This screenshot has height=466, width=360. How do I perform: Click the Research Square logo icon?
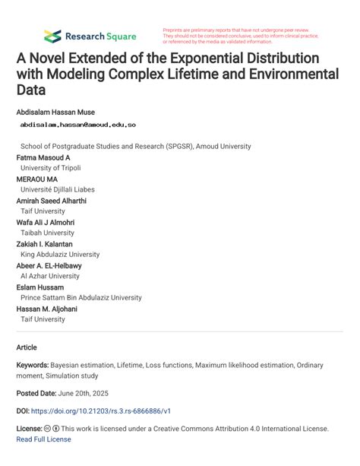52,36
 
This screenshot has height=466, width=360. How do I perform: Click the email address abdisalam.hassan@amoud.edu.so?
78,124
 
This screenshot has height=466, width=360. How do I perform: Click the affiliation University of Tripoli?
50,168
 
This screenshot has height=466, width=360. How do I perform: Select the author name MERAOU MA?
36,179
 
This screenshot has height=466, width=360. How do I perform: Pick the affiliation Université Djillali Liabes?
58,190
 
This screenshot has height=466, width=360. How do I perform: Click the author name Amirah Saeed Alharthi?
51,201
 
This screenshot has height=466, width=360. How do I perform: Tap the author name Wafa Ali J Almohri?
50,223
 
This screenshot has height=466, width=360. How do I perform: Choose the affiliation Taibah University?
46,233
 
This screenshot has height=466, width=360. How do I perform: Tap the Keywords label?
33,366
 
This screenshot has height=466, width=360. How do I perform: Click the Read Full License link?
43,439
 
